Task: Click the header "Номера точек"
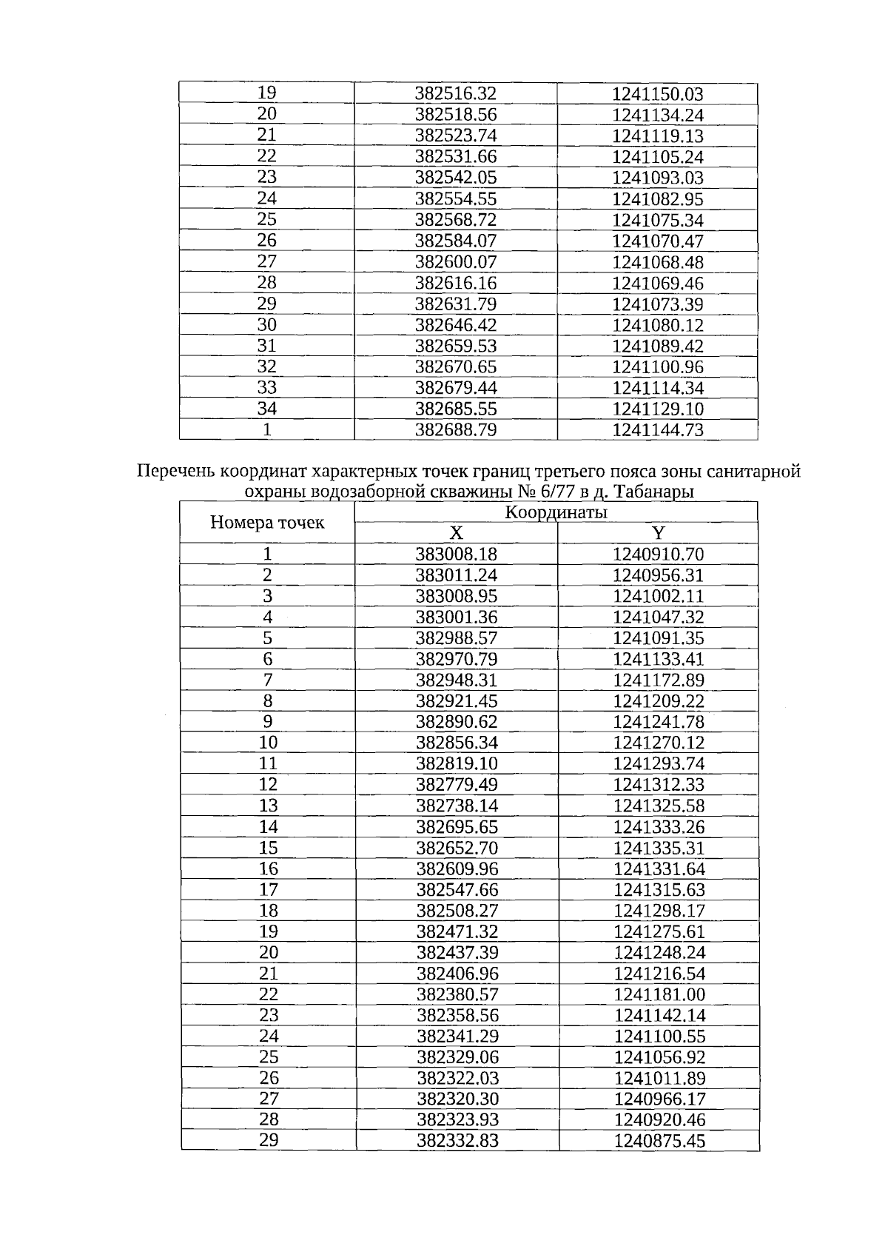pos(267,523)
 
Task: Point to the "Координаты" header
pos(556,512)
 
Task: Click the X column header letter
pos(456,533)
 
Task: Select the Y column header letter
pos(658,533)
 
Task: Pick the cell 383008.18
pos(457,555)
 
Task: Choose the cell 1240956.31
pos(658,575)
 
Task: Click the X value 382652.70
pos(457,848)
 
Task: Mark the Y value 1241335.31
pos(659,848)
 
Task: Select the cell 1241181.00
pos(659,994)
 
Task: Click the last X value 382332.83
pos(457,1141)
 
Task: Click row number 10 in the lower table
pos(268,743)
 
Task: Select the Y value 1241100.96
pos(657,367)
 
